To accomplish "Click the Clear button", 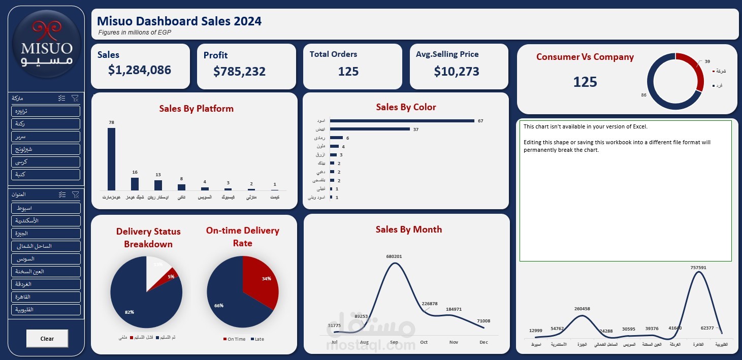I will click(47, 339).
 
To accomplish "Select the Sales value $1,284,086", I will click(140, 70).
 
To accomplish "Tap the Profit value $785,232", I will click(239, 72).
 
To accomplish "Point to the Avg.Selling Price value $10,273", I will click(456, 72).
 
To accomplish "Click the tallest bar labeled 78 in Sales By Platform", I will click(111, 158).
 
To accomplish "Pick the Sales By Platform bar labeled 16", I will click(135, 183).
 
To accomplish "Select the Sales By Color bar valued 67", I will click(401, 121).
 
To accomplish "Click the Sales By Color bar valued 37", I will click(370, 129).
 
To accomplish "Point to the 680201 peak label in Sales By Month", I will click(394, 256).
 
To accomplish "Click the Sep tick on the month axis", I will click(394, 342).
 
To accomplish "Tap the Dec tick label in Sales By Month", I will click(483, 342).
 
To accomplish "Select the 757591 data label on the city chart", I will click(698, 267).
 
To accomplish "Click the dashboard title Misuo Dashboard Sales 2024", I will click(179, 21).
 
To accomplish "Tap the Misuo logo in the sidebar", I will click(46, 49).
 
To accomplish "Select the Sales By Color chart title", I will click(406, 107).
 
